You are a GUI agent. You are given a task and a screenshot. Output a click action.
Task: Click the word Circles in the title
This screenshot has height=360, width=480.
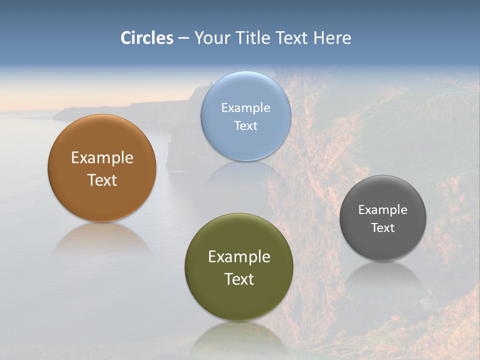click(147, 38)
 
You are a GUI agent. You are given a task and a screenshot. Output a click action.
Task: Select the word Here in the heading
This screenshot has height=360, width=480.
click(332, 38)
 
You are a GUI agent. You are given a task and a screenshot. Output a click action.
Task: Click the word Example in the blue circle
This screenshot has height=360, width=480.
click(245, 107)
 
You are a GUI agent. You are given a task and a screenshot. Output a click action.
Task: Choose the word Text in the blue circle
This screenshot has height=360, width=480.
click(245, 125)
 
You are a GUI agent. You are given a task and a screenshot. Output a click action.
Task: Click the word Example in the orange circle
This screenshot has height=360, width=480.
click(102, 158)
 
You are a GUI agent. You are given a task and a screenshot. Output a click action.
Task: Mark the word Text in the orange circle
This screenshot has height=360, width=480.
click(102, 180)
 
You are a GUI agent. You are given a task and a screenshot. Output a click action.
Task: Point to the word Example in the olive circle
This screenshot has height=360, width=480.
click(239, 257)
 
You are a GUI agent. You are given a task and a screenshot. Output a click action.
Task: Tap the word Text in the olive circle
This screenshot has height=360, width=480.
click(239, 279)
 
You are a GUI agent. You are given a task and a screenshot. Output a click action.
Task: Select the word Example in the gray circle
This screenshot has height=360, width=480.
click(383, 210)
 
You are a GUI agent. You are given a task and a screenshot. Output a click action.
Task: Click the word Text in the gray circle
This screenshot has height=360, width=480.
click(383, 228)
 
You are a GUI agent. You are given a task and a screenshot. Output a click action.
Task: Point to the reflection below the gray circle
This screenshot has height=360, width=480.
click(383, 275)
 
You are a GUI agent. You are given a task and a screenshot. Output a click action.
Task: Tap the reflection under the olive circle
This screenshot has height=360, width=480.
click(239, 337)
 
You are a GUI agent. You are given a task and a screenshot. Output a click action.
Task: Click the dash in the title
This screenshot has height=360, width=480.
click(183, 38)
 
